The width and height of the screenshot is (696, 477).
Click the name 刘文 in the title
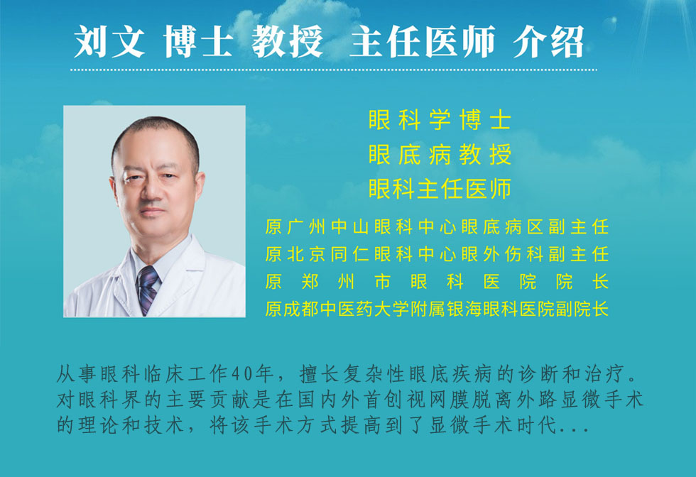tap(109, 41)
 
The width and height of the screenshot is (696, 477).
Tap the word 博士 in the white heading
tap(198, 41)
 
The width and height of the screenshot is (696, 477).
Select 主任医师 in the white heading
tap(422, 41)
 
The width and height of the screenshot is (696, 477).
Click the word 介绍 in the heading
tap(548, 41)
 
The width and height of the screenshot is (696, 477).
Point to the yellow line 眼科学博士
tap(440, 120)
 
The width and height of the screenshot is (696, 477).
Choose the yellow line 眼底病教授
tap(440, 155)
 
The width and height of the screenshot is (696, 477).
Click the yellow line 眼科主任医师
tap(440, 189)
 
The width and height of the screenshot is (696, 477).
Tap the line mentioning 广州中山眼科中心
tap(437, 226)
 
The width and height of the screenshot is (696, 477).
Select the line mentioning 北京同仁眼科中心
tap(437, 254)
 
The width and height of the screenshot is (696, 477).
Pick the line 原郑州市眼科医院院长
tap(437, 281)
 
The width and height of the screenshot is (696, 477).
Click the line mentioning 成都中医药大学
tap(437, 309)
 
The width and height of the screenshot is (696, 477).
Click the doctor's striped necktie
tap(148, 290)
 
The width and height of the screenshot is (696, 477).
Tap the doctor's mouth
tap(152, 212)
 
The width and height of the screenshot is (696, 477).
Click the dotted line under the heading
tap(334, 70)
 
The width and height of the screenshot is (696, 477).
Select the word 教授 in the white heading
tap(287, 41)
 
